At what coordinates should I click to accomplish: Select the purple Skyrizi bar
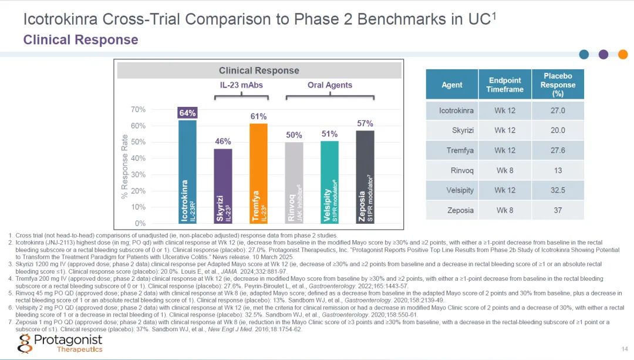pyautogui.click(x=222, y=186)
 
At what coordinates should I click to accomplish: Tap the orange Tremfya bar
pyautogui.click(x=258, y=173)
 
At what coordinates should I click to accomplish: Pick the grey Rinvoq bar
pyautogui.click(x=294, y=182)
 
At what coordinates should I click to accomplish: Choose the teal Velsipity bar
pyautogui.click(x=329, y=181)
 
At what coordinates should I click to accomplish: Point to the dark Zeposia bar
pyautogui.click(x=365, y=177)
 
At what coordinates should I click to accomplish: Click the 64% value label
pyautogui.click(x=187, y=113)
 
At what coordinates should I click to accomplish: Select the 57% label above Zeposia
pyautogui.click(x=365, y=123)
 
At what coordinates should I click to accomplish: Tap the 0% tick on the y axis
pyautogui.click(x=140, y=224)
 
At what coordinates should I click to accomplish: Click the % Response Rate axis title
pyautogui.click(x=124, y=167)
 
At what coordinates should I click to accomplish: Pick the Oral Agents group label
pyautogui.click(x=330, y=85)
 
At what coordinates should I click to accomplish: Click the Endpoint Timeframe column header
pyautogui.click(x=504, y=85)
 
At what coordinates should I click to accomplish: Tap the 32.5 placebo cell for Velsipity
pyautogui.click(x=558, y=190)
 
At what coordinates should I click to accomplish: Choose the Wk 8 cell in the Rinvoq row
pyautogui.click(x=504, y=170)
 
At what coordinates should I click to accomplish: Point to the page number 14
pyautogui.click(x=624, y=348)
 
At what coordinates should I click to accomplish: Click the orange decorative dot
pyautogui.click(x=622, y=55)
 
